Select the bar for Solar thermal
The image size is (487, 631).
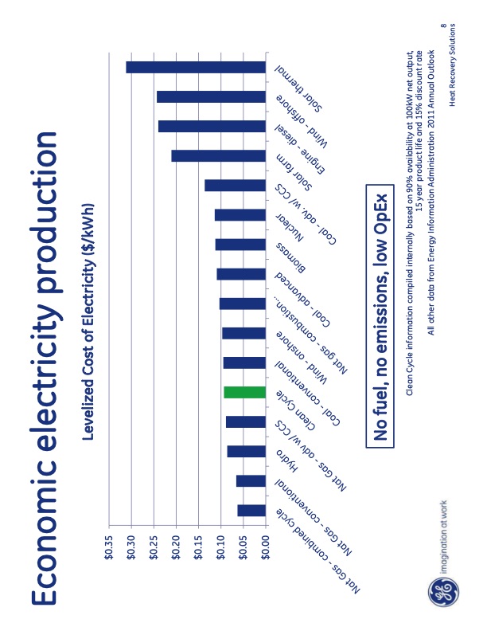(x=195, y=68)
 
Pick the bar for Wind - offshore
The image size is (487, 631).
(x=211, y=96)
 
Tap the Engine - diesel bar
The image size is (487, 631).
(x=212, y=126)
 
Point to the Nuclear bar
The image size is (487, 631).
(x=240, y=215)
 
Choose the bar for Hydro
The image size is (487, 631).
(x=246, y=452)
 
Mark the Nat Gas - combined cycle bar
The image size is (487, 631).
(x=251, y=510)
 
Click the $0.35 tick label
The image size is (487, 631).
(x=113, y=549)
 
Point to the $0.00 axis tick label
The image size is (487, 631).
(x=267, y=549)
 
